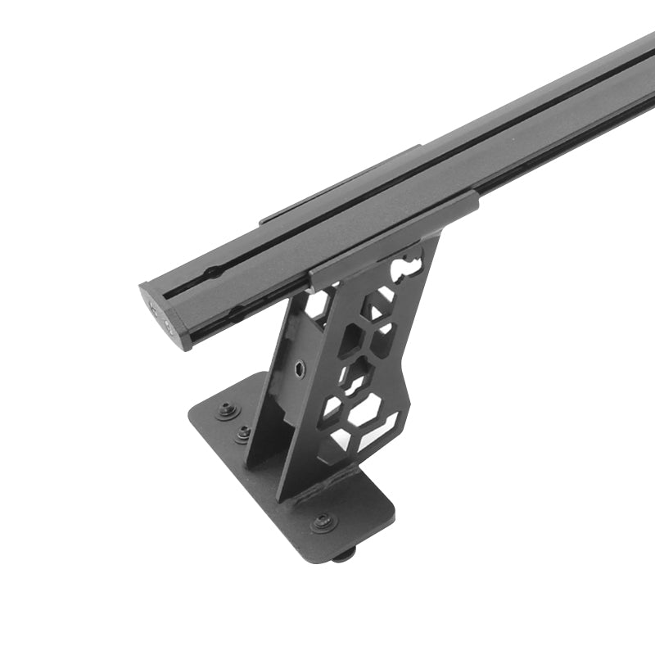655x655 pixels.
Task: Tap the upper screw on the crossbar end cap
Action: click(155, 309)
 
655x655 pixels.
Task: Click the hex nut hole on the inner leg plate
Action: click(300, 368)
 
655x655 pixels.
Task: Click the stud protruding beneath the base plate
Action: click(343, 554)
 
